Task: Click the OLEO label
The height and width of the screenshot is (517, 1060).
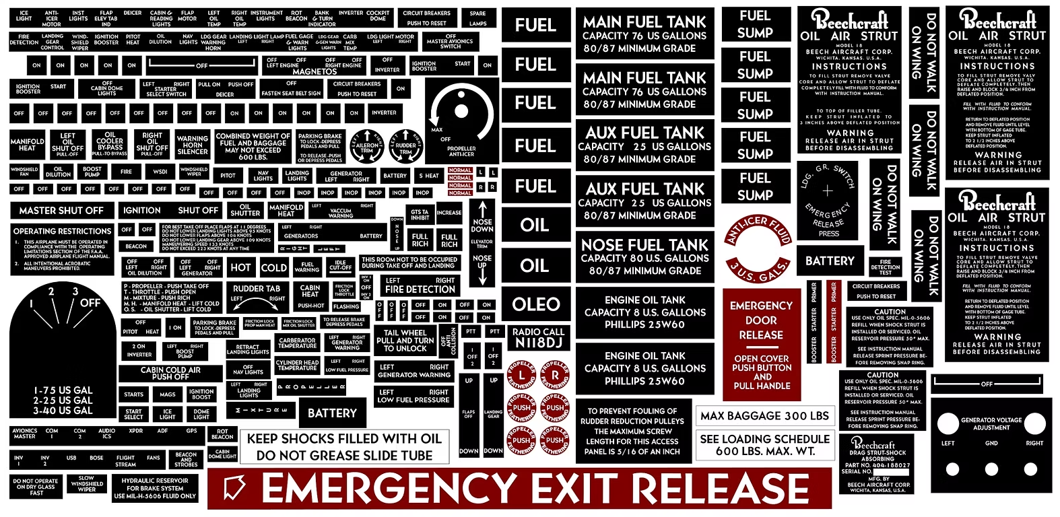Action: point(536,304)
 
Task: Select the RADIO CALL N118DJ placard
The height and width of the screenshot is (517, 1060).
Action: point(538,337)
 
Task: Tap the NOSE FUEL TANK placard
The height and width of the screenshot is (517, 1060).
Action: point(644,257)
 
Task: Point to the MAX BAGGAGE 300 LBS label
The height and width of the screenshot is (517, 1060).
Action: point(764,416)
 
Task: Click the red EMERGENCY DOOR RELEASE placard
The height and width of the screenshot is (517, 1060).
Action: point(761,344)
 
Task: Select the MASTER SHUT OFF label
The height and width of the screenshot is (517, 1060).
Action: point(61,211)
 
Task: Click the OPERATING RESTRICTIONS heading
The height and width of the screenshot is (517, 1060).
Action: point(62,231)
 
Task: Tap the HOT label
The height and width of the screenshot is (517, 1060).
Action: point(240,267)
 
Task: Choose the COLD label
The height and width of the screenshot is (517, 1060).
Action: point(274,267)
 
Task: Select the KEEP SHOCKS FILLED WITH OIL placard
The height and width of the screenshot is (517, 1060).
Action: point(344,447)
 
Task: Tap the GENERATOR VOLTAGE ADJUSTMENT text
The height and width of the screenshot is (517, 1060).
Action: point(991,423)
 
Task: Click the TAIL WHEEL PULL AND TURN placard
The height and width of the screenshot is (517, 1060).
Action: point(405,341)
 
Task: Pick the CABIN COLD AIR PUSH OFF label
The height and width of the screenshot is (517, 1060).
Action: point(170,374)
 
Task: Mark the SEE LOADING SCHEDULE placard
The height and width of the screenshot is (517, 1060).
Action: point(765,445)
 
